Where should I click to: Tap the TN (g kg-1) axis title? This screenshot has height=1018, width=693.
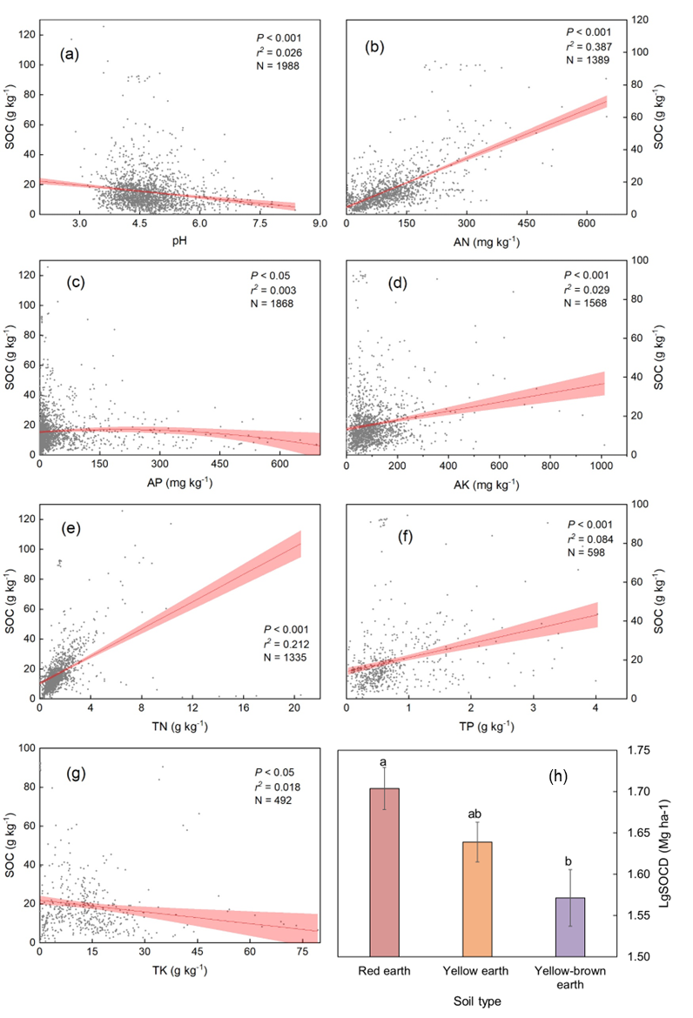[x=180, y=727]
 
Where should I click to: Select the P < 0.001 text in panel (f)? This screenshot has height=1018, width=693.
[x=592, y=524]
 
